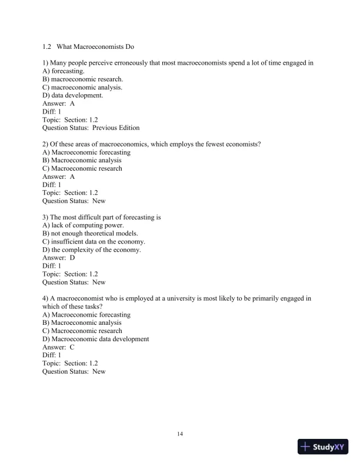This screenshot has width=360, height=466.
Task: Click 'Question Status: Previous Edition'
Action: coord(91,127)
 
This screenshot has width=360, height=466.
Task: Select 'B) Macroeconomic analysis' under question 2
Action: coord(82,160)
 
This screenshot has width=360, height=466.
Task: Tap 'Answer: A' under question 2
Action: coord(59,177)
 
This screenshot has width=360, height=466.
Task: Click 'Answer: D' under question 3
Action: coord(59,258)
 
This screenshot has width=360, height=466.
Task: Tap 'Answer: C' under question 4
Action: coord(59,347)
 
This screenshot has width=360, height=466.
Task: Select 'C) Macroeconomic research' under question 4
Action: coord(83,331)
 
